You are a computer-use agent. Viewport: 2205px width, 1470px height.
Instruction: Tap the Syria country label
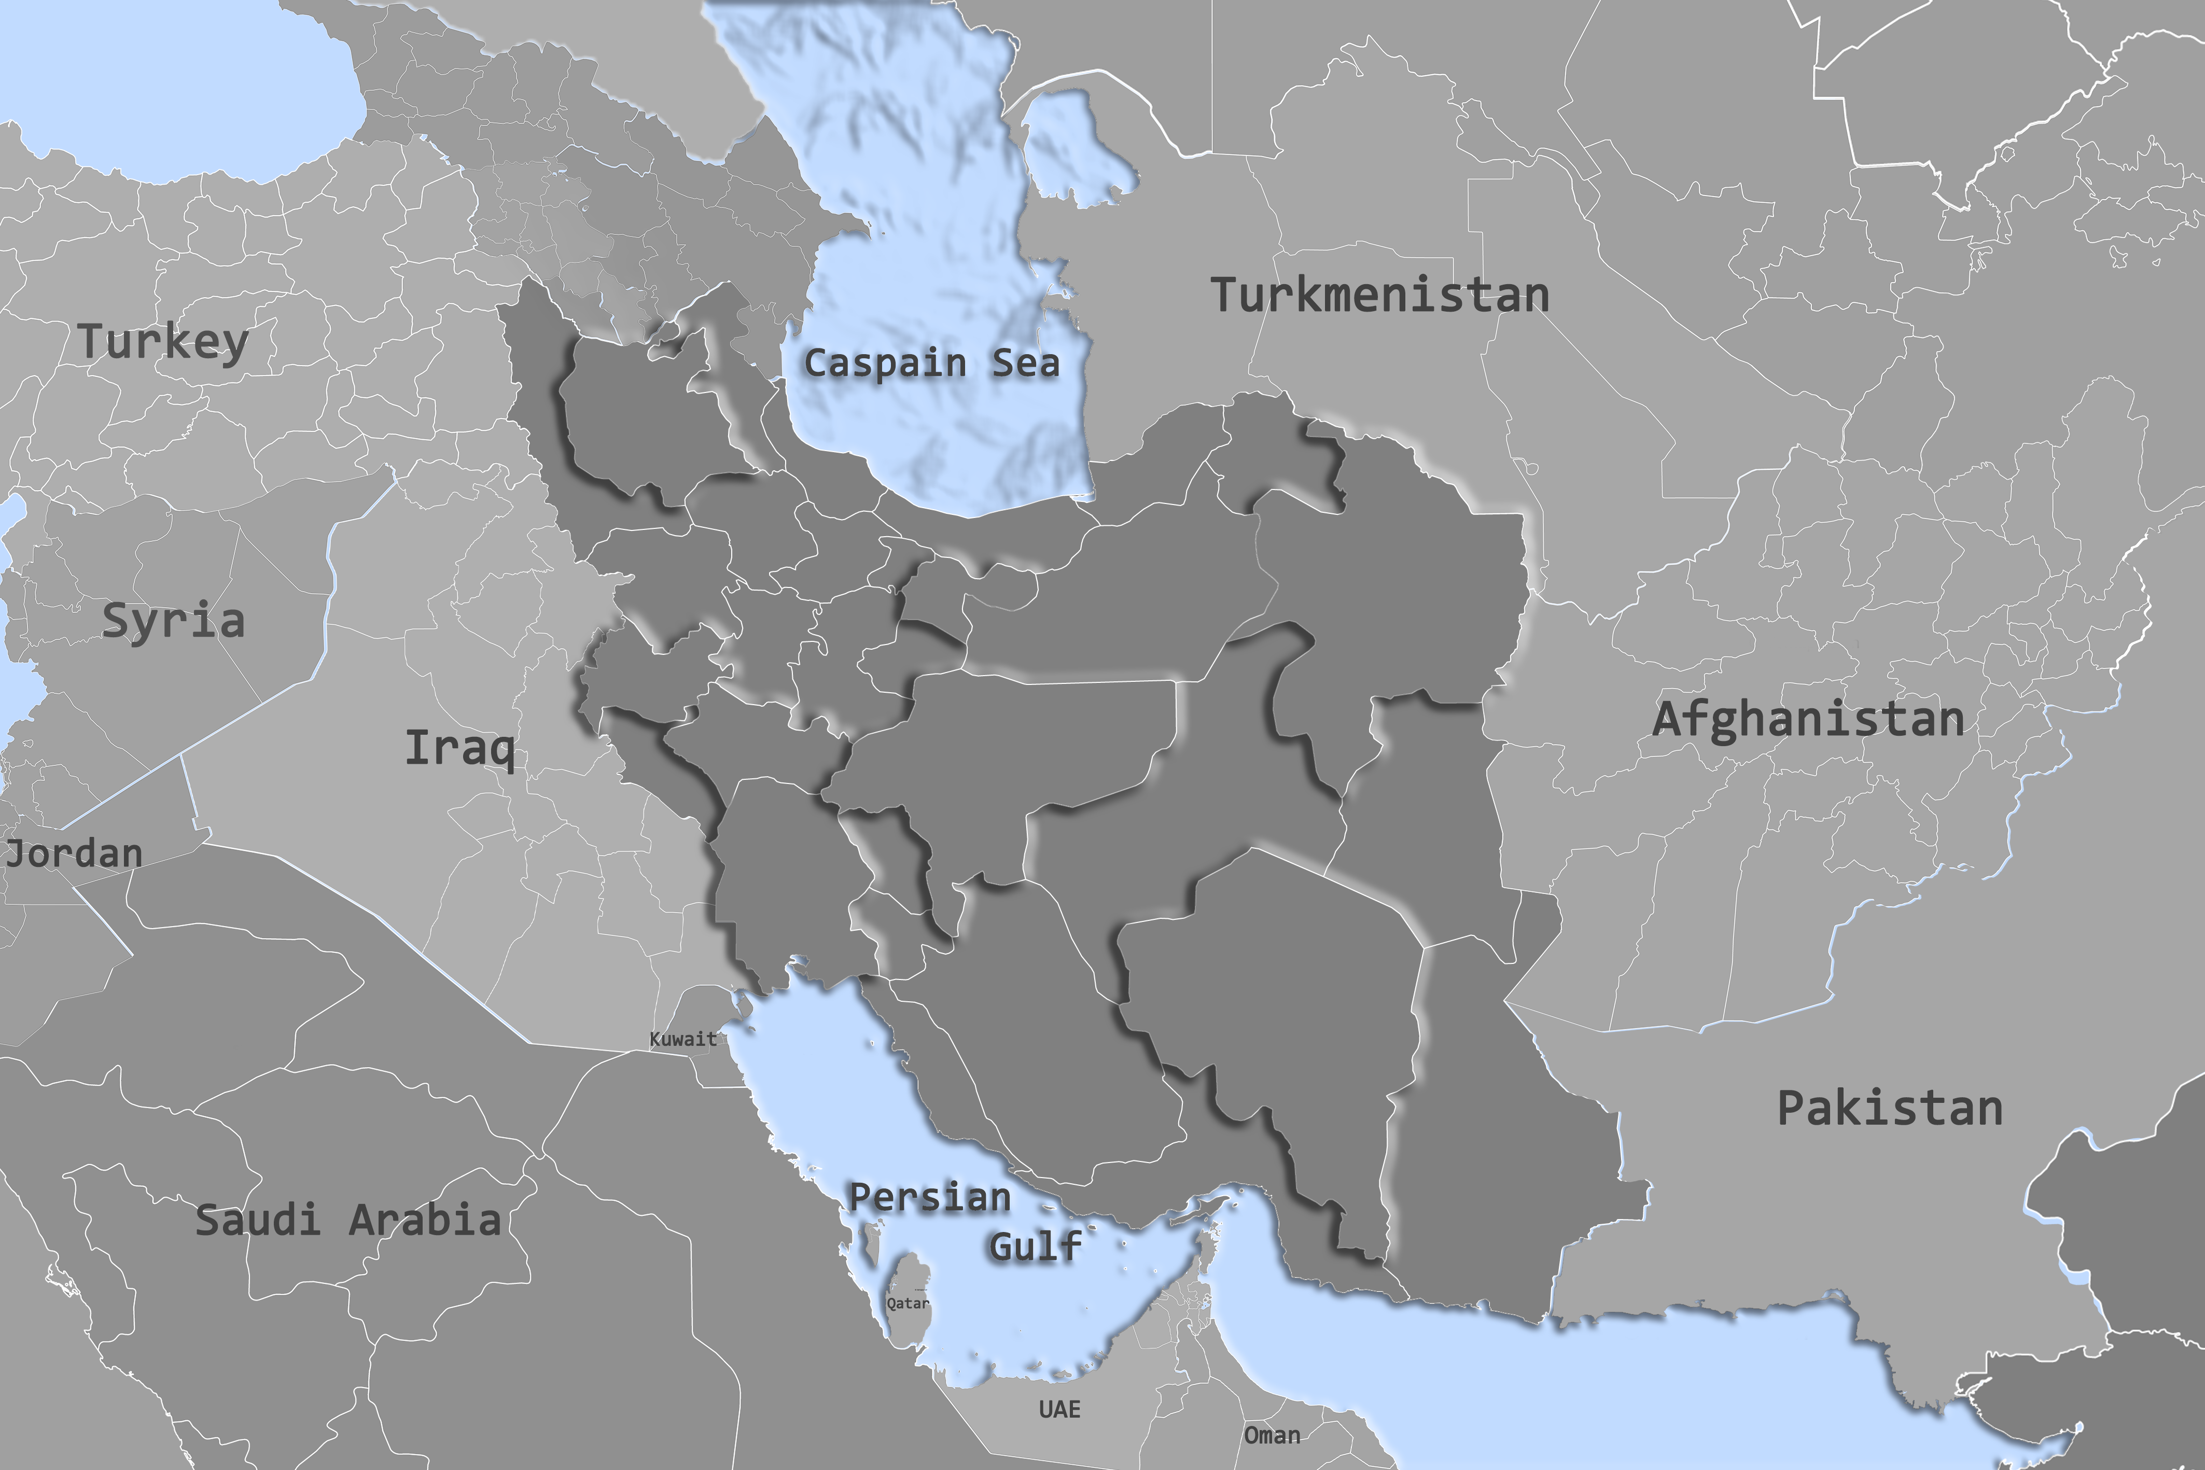pos(173,621)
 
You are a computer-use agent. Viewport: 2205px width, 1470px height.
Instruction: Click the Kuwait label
pos(682,1039)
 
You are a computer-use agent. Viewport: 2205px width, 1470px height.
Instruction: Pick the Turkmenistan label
pos(1380,296)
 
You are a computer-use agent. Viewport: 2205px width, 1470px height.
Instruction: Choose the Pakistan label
pos(1890,1108)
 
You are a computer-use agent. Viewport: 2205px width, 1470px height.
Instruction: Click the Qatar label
pos(908,1303)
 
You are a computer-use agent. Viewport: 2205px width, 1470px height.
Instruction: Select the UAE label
pos(1059,1409)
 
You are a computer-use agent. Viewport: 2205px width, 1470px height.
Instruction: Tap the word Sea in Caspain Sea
pos(1026,363)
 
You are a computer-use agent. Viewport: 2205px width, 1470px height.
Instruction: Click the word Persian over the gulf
pos(929,1197)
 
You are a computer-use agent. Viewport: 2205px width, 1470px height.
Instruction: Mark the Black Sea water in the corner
pos(188,94)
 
